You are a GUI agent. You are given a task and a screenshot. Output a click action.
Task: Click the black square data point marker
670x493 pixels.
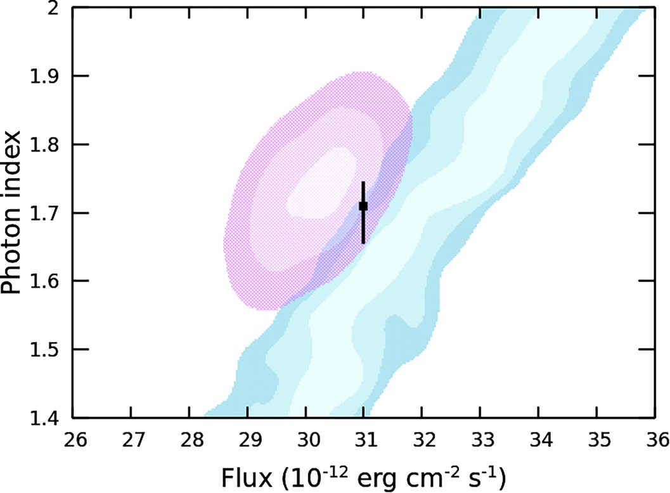point(363,206)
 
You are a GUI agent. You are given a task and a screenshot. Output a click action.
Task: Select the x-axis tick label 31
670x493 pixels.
point(363,439)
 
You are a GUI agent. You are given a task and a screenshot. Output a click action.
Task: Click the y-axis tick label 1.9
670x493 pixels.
point(46,76)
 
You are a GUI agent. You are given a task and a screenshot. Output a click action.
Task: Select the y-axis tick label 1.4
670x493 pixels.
point(46,418)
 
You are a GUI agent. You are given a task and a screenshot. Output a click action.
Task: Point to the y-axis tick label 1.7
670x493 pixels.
point(46,213)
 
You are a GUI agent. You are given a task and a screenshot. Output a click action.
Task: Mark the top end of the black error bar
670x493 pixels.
point(363,182)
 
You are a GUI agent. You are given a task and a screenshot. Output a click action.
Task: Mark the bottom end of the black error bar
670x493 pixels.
point(363,243)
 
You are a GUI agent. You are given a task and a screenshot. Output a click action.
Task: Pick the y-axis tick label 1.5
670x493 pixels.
point(46,350)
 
